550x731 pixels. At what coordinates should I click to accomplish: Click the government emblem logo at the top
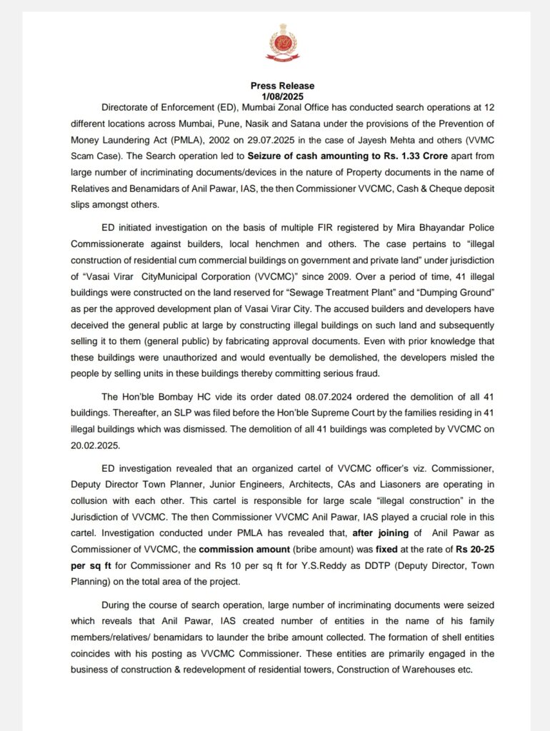283,44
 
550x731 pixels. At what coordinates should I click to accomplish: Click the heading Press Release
282,86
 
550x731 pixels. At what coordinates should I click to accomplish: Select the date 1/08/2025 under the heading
282,95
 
